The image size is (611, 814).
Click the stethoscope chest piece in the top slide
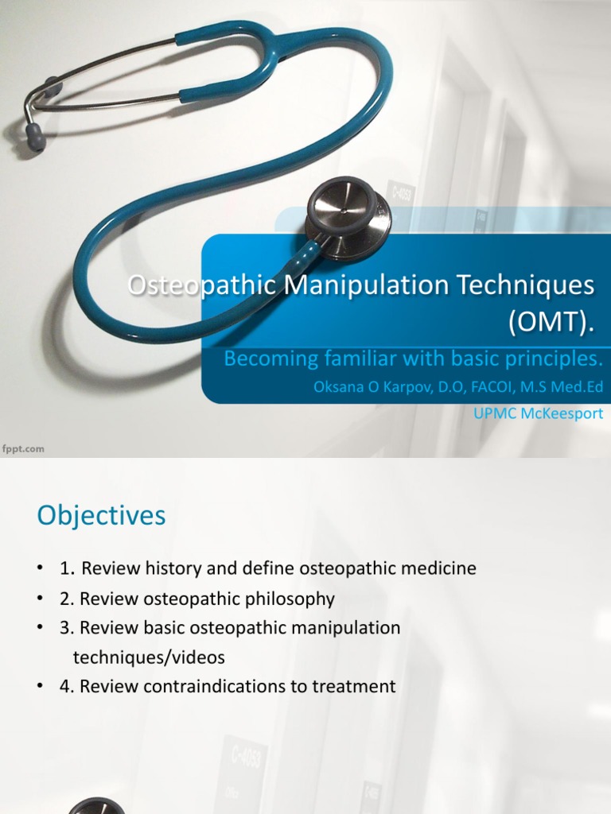348,216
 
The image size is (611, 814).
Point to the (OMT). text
551,321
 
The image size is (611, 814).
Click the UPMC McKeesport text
538,413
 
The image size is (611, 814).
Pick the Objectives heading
101,516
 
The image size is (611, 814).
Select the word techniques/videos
149,657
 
